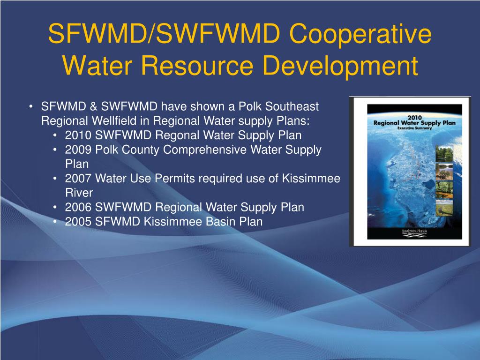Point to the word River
[x=79, y=193]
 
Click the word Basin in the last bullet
[x=221, y=222]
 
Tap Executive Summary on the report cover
[x=414, y=127]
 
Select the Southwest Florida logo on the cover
[x=414, y=232]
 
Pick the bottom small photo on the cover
[x=443, y=208]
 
